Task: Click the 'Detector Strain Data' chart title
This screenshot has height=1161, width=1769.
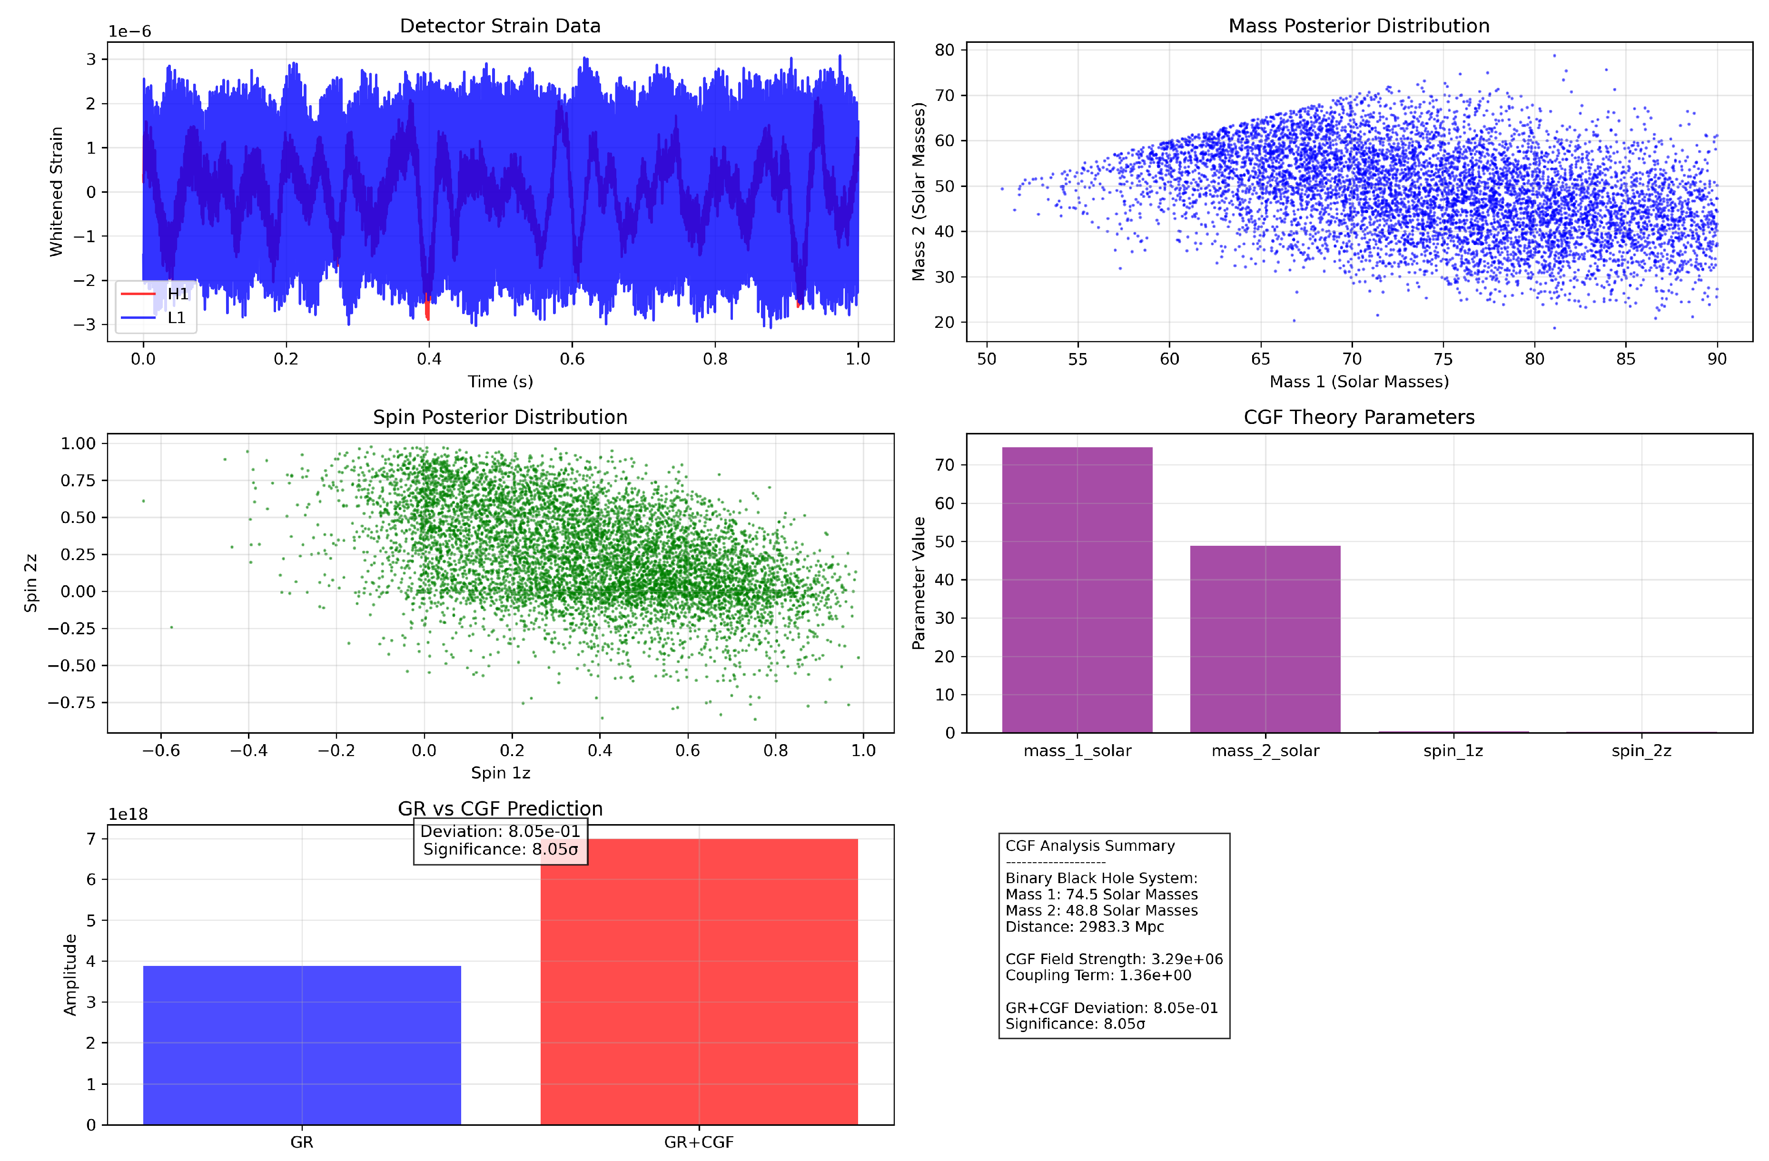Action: click(500, 26)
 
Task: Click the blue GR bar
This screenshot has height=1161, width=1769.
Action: click(302, 1044)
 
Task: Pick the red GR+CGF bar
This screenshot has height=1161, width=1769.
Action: click(699, 981)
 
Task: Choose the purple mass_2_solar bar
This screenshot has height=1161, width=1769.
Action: click(1265, 639)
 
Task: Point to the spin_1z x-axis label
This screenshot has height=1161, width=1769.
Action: click(1453, 751)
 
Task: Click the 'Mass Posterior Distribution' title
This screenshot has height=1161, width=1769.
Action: click(1359, 26)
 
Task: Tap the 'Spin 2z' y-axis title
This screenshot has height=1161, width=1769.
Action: click(30, 583)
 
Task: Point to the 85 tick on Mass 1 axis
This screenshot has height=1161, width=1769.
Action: click(1626, 359)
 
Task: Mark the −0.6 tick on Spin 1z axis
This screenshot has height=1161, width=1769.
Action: click(161, 751)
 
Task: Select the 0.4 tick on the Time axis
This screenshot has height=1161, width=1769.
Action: click(429, 359)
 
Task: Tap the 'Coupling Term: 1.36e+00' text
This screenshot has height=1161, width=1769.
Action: click(1098, 975)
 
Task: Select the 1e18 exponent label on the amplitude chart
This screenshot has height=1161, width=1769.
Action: click(128, 815)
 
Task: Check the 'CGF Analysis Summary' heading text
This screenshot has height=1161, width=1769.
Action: click(1090, 846)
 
